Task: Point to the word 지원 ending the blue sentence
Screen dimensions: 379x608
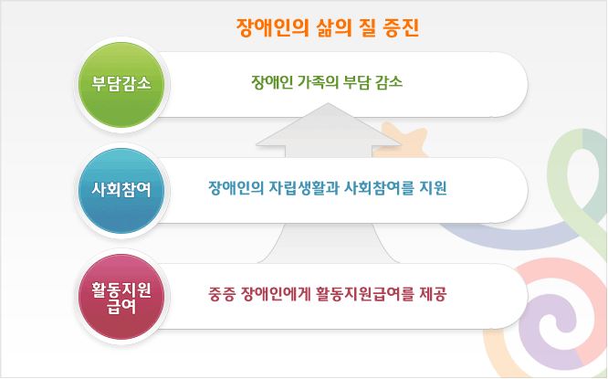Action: tap(433, 189)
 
